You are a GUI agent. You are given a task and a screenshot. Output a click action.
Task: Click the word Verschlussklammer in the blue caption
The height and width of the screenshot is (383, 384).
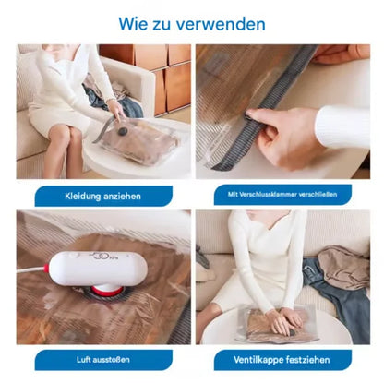tap(276, 195)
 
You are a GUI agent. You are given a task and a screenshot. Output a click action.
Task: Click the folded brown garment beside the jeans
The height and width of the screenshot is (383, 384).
tap(346, 268)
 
